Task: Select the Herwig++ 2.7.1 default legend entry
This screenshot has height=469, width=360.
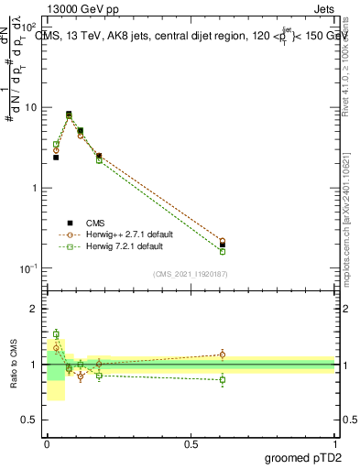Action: point(124,234)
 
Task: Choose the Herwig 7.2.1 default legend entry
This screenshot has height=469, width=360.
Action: point(121,246)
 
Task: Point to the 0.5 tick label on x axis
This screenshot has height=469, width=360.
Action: point(191,442)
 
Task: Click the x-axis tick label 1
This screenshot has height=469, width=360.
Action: point(335,442)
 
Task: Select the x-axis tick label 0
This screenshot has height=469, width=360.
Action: point(47,442)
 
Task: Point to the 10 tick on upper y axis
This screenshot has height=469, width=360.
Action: point(29,107)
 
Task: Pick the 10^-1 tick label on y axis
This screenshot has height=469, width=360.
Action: point(27,267)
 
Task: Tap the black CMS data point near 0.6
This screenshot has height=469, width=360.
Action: point(223,245)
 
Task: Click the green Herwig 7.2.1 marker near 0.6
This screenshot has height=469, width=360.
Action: point(223,251)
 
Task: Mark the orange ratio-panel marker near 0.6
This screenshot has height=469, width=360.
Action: point(223,354)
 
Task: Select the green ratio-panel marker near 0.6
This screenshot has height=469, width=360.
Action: point(223,379)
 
